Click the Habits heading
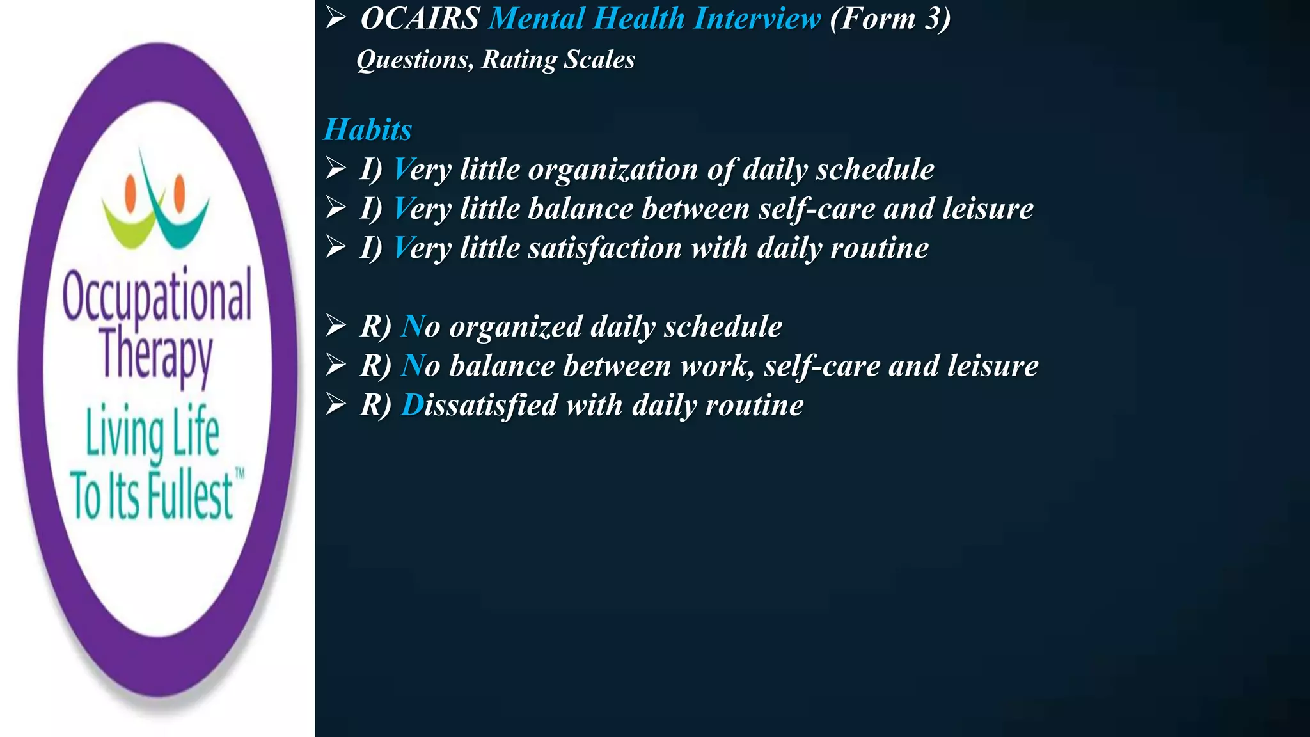coord(368,130)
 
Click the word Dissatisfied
coord(479,406)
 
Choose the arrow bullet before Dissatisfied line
coord(336,404)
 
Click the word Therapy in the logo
coord(157,355)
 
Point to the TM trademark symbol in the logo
coord(240,474)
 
